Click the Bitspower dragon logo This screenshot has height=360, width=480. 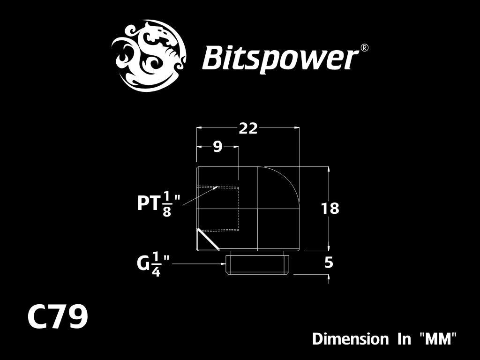[x=149, y=56]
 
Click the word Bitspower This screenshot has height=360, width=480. [x=280, y=59]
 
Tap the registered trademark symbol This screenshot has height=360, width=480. [x=364, y=48]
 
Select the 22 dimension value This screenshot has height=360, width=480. [x=248, y=128]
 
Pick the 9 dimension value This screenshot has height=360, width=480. [x=217, y=147]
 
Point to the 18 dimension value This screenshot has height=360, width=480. [x=330, y=209]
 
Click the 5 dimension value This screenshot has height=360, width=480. [x=329, y=262]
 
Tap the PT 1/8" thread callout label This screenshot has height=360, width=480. [x=158, y=204]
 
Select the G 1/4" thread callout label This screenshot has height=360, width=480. [x=153, y=264]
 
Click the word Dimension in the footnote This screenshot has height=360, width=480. [x=350, y=339]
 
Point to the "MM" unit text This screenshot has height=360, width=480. [x=438, y=339]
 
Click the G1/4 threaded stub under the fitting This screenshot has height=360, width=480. [x=257, y=264]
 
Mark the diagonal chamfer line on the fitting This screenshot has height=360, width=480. [x=208, y=239]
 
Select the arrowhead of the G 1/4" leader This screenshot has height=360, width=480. [x=224, y=263]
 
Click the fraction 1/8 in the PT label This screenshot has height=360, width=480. [x=166, y=204]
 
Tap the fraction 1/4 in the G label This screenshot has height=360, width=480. [x=156, y=264]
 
